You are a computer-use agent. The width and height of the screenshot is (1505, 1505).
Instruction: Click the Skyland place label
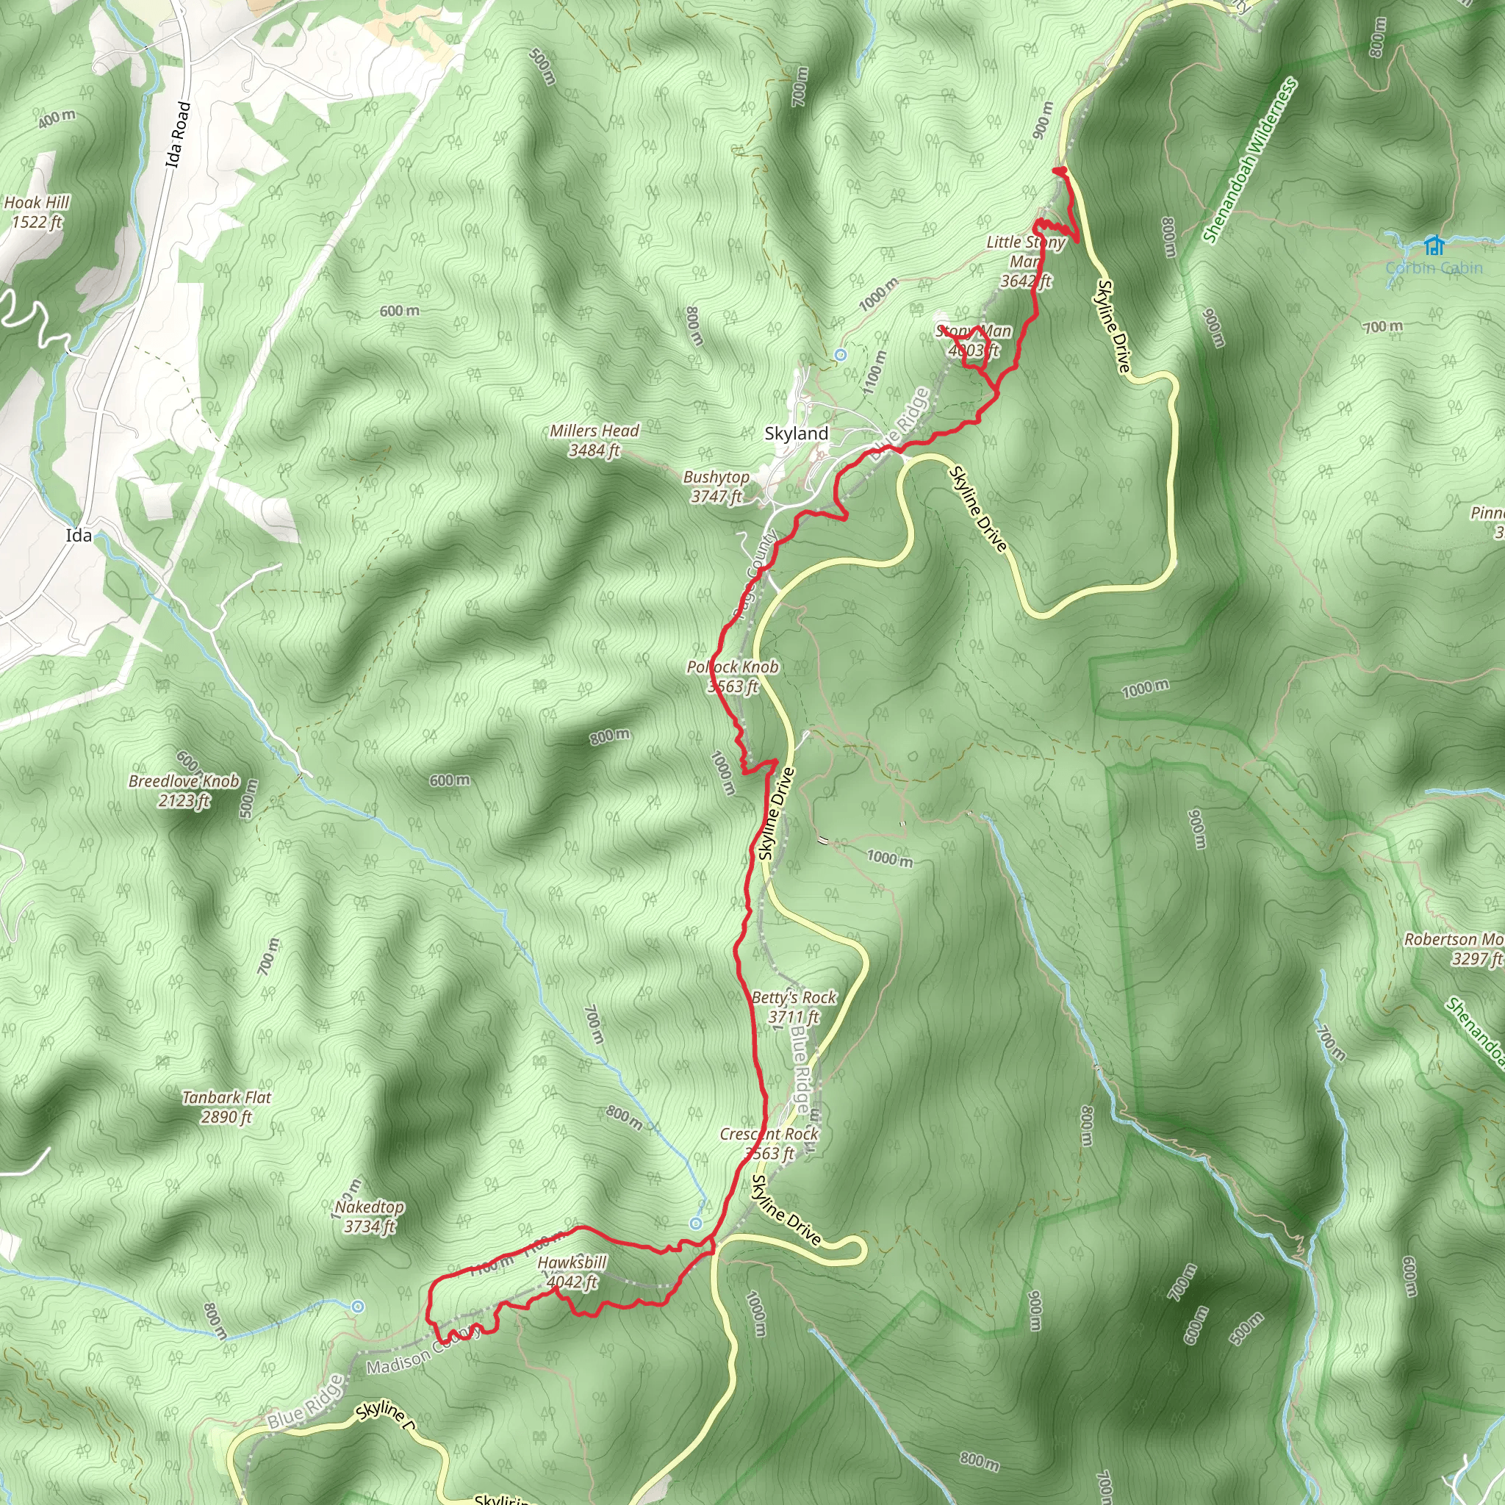[x=796, y=433]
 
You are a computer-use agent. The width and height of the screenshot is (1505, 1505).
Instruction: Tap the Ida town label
[x=79, y=535]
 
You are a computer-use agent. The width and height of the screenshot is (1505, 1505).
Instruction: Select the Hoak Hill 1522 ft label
[x=37, y=212]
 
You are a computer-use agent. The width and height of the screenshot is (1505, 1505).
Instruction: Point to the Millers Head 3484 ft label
[x=595, y=440]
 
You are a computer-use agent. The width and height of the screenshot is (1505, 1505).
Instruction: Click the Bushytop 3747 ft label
[x=716, y=486]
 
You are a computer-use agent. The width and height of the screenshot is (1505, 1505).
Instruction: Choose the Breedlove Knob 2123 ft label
[x=184, y=791]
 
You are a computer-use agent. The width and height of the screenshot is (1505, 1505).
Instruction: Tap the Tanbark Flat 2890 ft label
[x=226, y=1106]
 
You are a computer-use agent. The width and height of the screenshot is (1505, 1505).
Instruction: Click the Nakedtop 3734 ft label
[x=369, y=1216]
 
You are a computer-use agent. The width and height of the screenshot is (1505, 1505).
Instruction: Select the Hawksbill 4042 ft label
[x=572, y=1272]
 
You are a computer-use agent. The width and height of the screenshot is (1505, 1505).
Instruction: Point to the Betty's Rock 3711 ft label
[x=794, y=1007]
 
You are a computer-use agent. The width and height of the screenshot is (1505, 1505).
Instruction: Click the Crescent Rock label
[x=769, y=1134]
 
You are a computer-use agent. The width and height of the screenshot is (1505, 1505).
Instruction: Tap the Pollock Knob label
[x=732, y=667]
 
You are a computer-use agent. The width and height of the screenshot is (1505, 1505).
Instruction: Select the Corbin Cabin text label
[x=1434, y=268]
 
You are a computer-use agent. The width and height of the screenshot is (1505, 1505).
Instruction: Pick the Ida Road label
[x=179, y=134]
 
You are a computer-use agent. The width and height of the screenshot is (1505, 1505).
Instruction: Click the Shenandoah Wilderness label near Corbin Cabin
[x=1249, y=159]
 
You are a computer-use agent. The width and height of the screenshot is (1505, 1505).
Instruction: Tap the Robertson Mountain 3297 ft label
[x=1454, y=949]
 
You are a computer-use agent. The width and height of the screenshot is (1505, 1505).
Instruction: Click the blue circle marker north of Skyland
[x=841, y=355]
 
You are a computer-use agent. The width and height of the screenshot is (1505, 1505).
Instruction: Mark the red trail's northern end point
[x=1059, y=170]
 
